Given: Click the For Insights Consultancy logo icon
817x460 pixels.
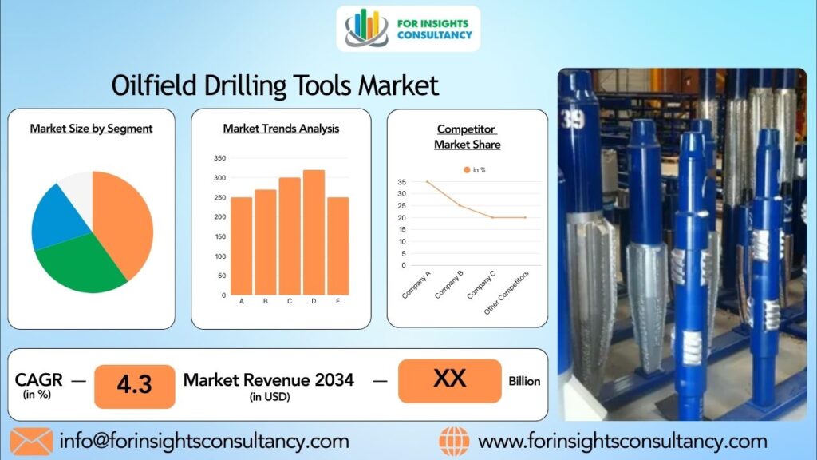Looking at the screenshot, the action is click(367, 28).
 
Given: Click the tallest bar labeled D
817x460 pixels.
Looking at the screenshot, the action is click(314, 232).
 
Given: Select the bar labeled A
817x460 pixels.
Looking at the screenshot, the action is click(241, 246).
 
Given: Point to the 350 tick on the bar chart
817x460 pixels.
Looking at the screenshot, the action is click(220, 158).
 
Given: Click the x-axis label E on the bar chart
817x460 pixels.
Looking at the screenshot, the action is click(337, 301).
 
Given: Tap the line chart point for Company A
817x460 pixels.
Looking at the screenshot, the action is click(428, 181).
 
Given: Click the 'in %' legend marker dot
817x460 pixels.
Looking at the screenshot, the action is click(466, 170).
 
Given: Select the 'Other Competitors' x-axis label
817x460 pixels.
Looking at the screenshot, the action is click(506, 292).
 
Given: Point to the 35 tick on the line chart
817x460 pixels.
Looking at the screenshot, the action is click(401, 182).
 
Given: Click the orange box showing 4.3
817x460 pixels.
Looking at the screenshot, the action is click(134, 387).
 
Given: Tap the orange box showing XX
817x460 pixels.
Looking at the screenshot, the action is click(450, 381).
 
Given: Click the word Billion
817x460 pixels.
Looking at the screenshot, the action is click(524, 381).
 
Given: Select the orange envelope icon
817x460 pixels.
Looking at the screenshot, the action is click(31, 441).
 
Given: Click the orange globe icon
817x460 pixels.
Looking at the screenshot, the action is click(454, 442).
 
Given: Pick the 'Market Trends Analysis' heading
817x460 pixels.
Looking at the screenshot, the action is click(281, 129).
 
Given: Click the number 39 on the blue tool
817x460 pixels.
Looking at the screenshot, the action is click(573, 120).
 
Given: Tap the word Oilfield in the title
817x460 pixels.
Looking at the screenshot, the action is click(154, 85).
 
